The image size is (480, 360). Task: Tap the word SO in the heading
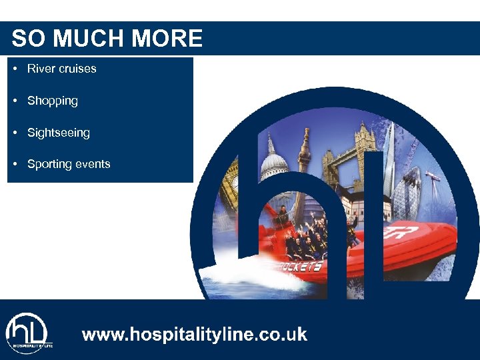29,39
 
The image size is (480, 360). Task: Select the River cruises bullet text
61,69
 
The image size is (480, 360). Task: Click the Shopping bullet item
52,101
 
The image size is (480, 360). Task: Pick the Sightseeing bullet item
58,133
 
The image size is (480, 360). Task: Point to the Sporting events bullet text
69,164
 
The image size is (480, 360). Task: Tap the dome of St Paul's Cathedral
273,163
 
